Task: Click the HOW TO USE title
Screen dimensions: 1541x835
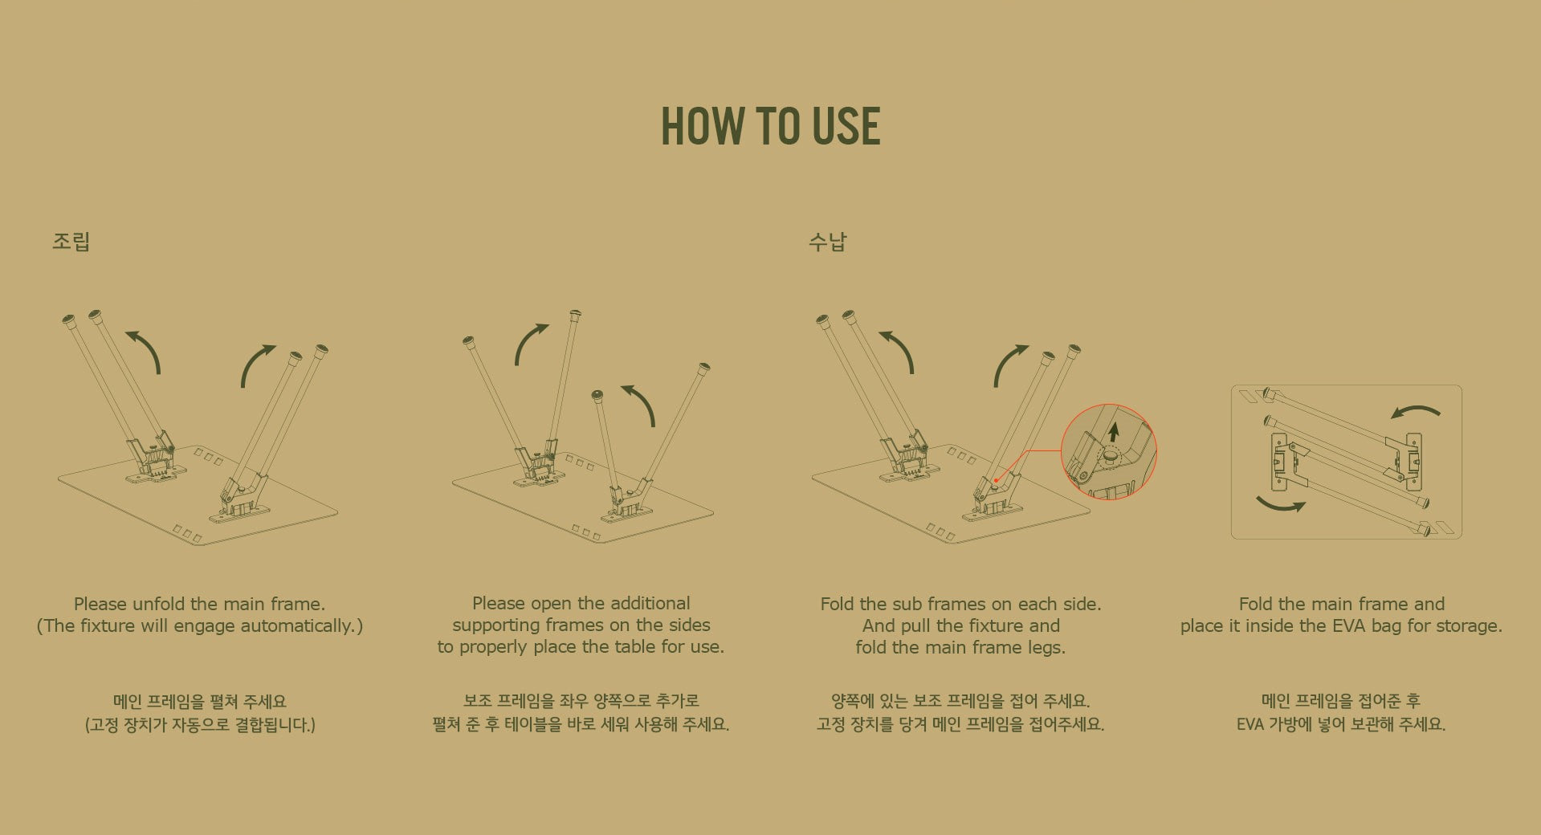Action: click(x=770, y=126)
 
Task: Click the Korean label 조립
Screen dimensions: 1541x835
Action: click(x=71, y=242)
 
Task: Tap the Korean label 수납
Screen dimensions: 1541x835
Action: click(x=827, y=242)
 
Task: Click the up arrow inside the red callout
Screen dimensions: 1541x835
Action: click(x=1113, y=432)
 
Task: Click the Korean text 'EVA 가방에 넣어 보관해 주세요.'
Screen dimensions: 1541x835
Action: click(x=1341, y=724)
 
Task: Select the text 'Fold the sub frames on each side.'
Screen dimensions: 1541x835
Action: click(x=960, y=604)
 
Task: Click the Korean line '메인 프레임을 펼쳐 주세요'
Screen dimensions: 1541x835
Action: click(x=200, y=702)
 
